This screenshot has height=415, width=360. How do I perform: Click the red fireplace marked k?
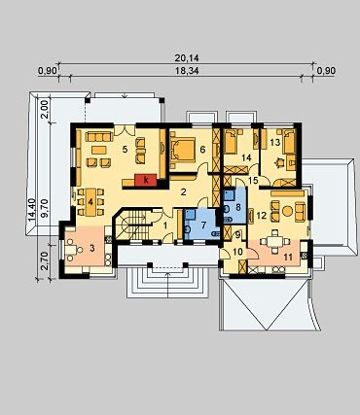(x=146, y=180)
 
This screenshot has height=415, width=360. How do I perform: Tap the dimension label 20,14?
(x=187, y=58)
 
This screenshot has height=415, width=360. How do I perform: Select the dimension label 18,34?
(x=187, y=71)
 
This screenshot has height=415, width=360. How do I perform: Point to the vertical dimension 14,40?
(x=32, y=210)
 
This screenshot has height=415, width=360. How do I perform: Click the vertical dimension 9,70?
(x=45, y=208)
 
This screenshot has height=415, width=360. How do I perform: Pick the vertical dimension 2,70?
(x=45, y=260)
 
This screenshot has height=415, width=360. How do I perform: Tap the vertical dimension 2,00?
(x=45, y=110)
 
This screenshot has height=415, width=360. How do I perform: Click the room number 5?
(x=125, y=149)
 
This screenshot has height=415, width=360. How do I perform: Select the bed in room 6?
(x=183, y=151)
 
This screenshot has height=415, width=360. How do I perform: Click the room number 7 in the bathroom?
(x=203, y=225)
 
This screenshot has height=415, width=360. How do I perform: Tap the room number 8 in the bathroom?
(x=238, y=207)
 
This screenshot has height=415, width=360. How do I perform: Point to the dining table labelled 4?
(x=90, y=202)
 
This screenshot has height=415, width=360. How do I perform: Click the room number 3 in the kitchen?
(x=92, y=249)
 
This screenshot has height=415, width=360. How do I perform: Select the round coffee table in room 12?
(x=287, y=211)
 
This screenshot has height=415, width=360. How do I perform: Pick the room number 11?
(x=288, y=258)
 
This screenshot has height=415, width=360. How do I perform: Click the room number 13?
(x=274, y=142)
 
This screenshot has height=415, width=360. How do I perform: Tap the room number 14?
(x=246, y=157)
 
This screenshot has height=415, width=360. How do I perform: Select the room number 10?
(x=237, y=252)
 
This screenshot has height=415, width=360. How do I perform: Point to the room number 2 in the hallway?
(x=183, y=192)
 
